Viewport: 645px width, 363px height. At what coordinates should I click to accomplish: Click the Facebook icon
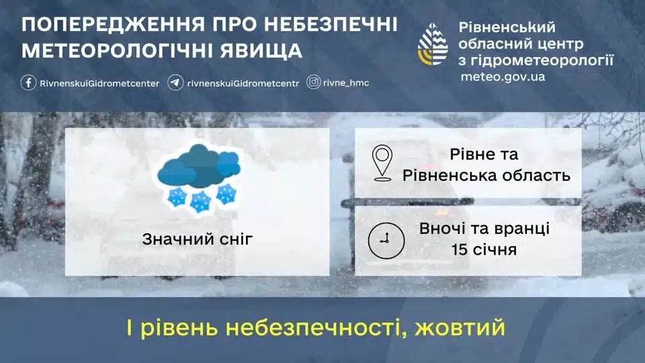[28, 83]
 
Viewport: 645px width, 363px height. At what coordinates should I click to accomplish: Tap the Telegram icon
[175, 83]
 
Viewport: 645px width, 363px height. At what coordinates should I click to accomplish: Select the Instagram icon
[314, 83]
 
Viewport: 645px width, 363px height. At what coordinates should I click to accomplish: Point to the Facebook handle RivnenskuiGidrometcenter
[99, 83]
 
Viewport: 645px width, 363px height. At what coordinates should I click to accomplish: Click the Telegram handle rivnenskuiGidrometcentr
[243, 83]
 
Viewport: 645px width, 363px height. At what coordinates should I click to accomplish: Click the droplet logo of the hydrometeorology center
[433, 46]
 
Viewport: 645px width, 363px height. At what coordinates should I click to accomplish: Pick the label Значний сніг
[198, 239]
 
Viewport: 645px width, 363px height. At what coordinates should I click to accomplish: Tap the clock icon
[386, 239]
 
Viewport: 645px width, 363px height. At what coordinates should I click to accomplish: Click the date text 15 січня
[484, 251]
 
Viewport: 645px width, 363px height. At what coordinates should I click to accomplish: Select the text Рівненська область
[486, 175]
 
